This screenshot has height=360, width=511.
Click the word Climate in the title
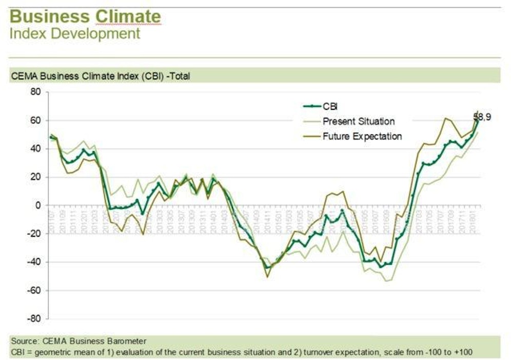[128, 16]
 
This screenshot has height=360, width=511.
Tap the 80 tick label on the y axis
[36, 92]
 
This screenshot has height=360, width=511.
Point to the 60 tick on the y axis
[36, 121]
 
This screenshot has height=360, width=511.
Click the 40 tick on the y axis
[36, 149]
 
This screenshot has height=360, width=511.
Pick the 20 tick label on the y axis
[36, 177]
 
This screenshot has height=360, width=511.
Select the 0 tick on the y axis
[38, 205]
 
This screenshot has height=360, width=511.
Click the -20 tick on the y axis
[34, 234]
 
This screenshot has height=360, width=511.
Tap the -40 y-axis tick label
[34, 262]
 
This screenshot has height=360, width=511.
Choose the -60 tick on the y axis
[34, 290]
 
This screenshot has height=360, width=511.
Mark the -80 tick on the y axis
[34, 318]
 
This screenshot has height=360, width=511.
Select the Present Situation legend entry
[359, 121]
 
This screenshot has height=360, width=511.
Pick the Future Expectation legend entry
[362, 136]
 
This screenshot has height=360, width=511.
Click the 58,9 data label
[482, 117]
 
